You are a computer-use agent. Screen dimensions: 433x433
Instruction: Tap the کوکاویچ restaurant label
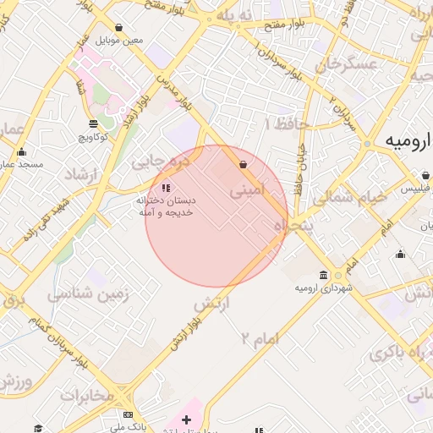coord(96,135)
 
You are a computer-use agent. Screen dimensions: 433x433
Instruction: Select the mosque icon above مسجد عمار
coord(21,152)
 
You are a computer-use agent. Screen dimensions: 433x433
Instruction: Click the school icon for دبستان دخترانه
coord(166,188)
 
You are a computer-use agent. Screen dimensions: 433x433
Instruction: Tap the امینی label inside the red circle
coord(247,190)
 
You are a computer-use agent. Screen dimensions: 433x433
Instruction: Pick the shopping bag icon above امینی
coord(244,165)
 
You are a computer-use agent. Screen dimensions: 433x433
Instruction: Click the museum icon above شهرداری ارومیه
coord(324,275)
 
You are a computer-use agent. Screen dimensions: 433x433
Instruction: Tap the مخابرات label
coord(86,395)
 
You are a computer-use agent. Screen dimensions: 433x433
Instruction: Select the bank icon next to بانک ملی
coord(128,415)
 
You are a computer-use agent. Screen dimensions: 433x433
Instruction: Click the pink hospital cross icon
coord(187,419)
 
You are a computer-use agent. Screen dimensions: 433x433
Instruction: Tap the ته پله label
coord(234,17)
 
